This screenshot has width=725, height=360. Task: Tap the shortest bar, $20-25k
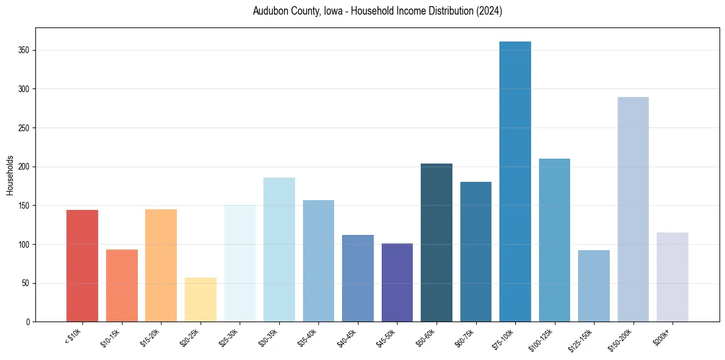tap(201, 300)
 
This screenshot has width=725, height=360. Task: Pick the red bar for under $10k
tap(82, 265)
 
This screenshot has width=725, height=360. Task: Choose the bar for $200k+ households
tap(673, 277)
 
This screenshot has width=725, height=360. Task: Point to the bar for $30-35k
tap(279, 250)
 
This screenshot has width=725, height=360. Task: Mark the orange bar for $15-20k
tap(161, 265)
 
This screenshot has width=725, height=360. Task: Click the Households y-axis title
tap(10, 175)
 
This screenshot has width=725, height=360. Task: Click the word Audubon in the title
tap(269, 12)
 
